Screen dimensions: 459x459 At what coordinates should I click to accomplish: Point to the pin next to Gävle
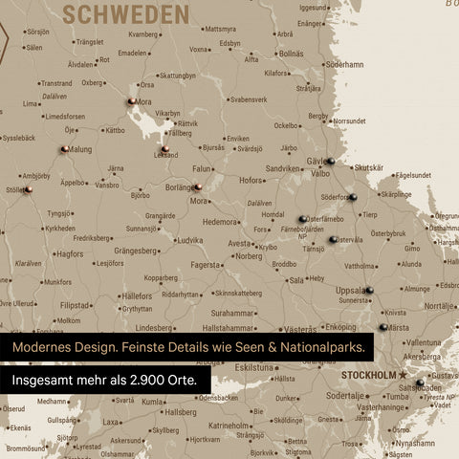(x=329, y=161)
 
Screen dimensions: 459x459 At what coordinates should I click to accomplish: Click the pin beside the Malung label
(x=64, y=148)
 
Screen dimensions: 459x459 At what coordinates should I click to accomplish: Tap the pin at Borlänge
(x=196, y=187)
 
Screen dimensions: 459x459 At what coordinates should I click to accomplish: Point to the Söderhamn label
(x=344, y=64)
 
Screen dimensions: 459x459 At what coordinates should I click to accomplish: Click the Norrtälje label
(x=439, y=306)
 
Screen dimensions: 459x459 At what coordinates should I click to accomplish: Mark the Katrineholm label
(x=230, y=425)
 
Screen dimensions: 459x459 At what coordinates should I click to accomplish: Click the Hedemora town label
(x=221, y=221)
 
